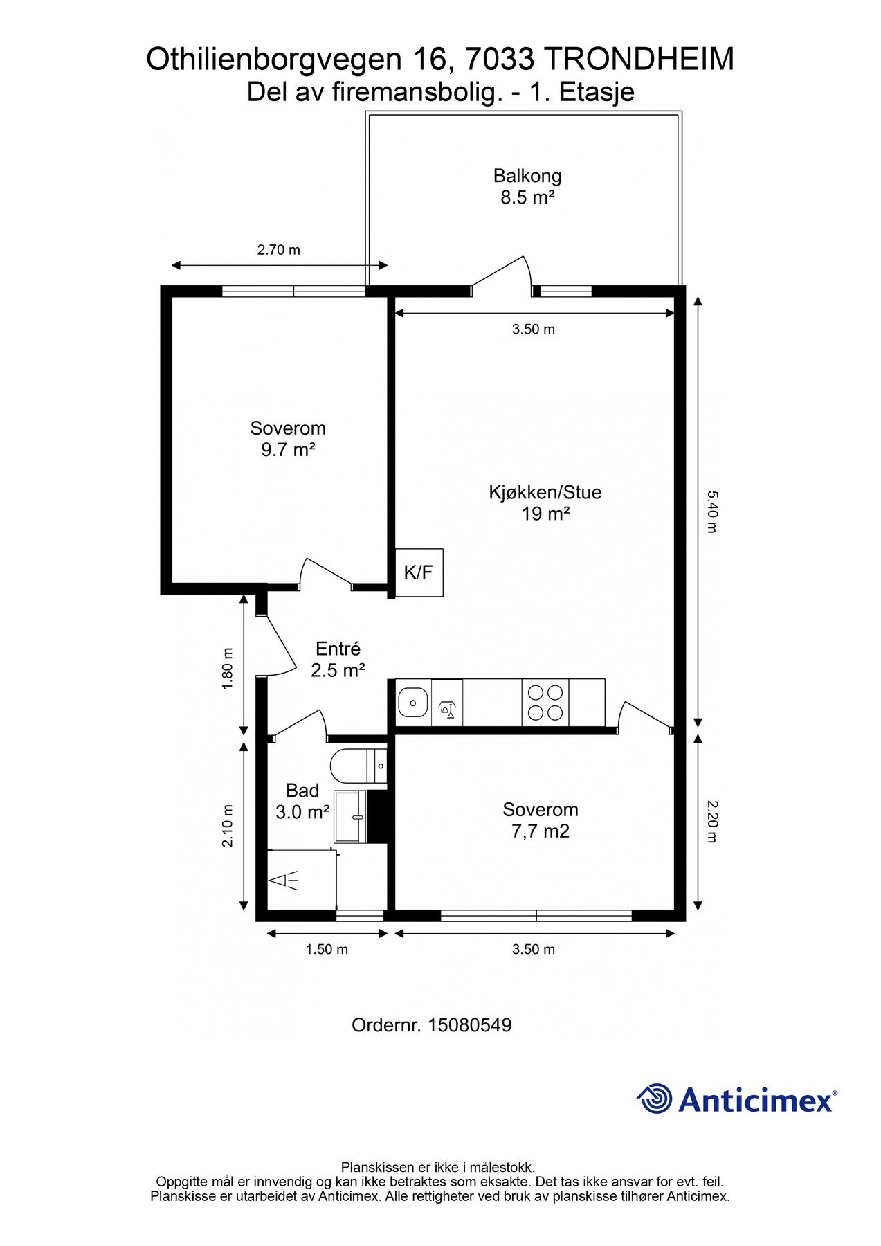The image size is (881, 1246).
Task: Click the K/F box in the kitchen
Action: point(419,572)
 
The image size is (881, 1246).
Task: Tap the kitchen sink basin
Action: point(413,703)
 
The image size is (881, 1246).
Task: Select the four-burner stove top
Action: point(545,703)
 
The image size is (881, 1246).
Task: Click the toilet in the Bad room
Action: point(358,766)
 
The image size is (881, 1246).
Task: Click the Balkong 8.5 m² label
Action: point(527,187)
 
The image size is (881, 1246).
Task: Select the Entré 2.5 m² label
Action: point(338,660)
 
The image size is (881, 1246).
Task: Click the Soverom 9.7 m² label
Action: point(288,439)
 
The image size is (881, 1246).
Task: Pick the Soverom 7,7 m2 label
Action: point(541,820)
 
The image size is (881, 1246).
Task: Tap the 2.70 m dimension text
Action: point(279,250)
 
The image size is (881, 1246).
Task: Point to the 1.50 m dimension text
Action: point(327,949)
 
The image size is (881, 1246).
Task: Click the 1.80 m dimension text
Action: point(228,669)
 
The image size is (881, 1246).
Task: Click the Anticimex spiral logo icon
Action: point(655,1099)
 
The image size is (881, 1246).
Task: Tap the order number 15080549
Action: point(470,1025)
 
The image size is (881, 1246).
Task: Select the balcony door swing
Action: point(501,274)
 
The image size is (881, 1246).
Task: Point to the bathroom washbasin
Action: point(351,817)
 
